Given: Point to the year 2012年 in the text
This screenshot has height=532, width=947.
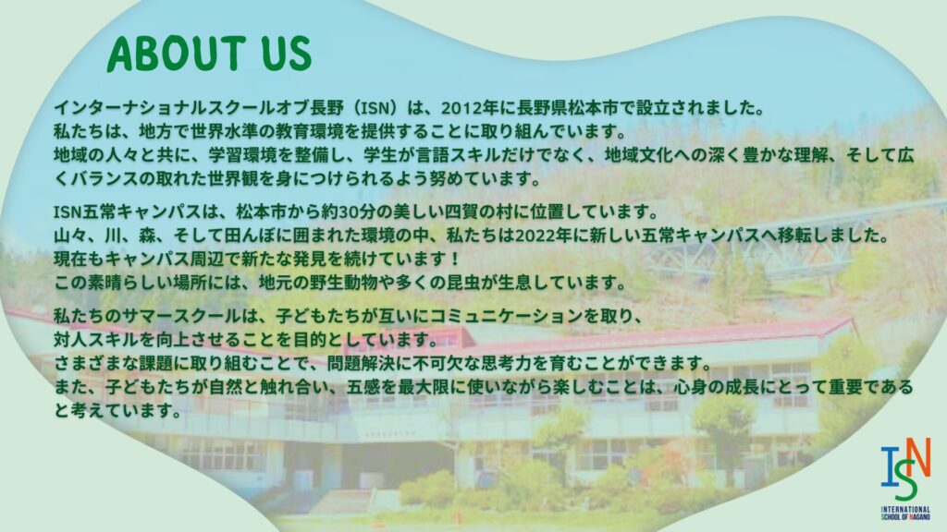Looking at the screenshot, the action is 469,108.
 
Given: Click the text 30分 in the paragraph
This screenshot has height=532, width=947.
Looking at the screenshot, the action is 358,212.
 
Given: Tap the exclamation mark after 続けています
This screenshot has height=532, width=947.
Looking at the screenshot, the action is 455,259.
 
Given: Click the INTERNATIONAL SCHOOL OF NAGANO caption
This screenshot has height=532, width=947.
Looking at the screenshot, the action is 905,513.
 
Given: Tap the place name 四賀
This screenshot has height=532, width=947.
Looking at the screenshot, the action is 461,212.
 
